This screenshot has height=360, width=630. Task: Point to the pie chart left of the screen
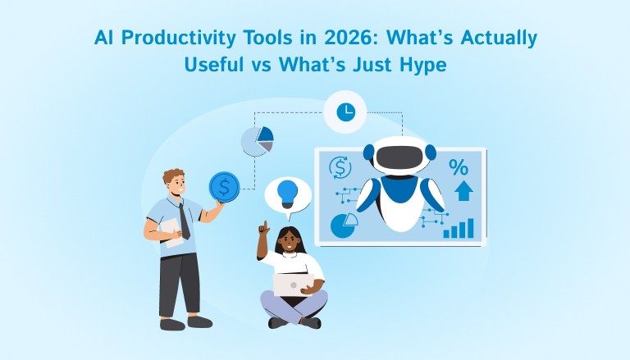257,140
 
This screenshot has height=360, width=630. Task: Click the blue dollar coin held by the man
223,186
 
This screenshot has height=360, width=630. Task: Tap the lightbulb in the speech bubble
288,193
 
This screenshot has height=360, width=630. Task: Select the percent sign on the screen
458,167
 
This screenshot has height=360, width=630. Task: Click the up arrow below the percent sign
463,191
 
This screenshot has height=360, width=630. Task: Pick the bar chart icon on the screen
459,228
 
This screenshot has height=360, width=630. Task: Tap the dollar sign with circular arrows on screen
340,168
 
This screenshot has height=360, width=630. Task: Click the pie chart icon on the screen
344,225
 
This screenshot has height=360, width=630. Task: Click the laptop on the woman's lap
290,284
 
